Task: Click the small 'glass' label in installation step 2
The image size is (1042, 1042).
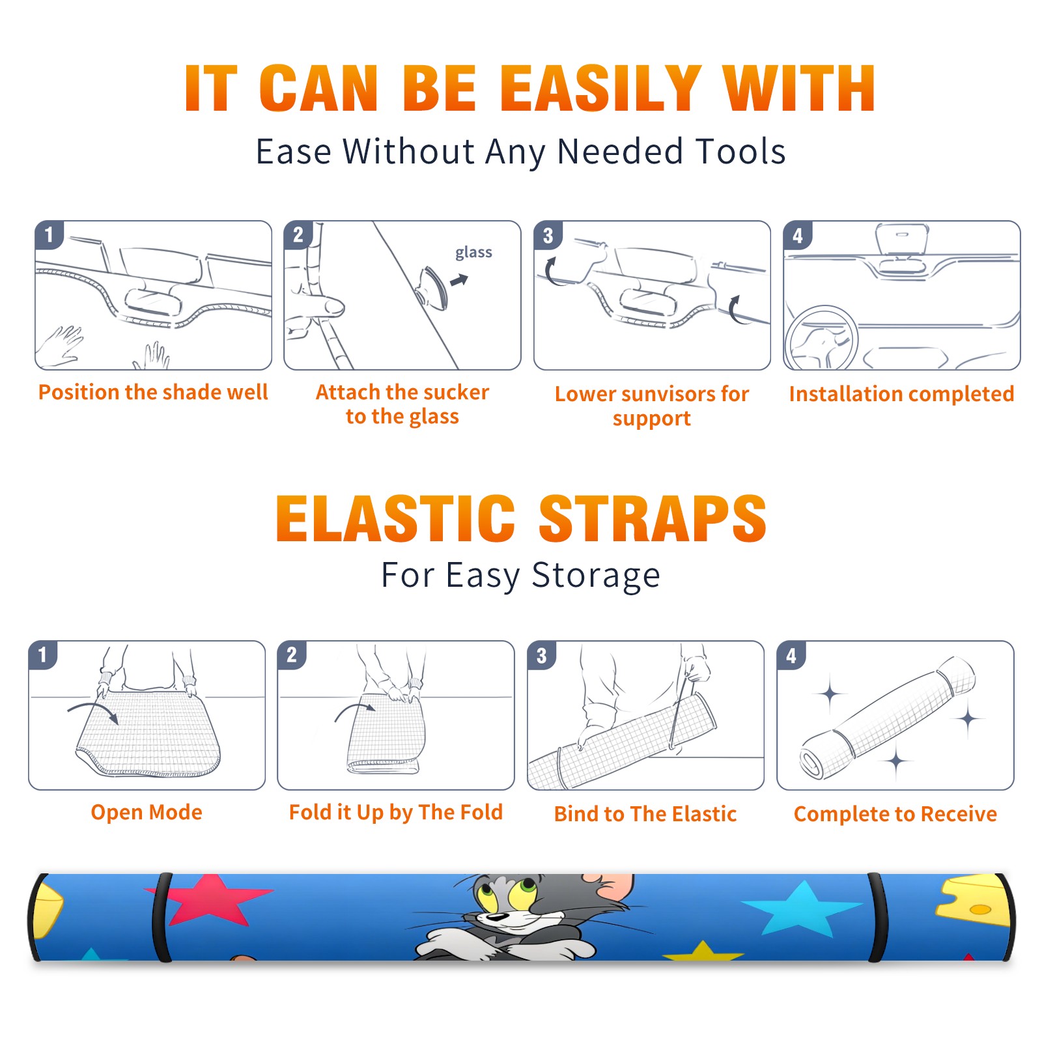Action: coord(473,253)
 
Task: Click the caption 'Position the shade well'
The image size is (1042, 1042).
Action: coord(153,392)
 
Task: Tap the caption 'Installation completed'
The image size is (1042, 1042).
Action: coord(901,393)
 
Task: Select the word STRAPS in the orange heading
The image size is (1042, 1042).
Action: coord(652,518)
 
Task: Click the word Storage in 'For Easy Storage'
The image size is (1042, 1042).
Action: coord(596,576)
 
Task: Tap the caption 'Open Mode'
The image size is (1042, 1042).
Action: coord(147,812)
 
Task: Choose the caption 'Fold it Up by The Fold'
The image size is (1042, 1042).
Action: coord(396,812)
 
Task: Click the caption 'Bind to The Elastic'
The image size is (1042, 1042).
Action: coord(645,814)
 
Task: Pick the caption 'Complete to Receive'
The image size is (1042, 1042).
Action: coord(895,814)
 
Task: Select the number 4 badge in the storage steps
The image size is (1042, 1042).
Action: coord(791,655)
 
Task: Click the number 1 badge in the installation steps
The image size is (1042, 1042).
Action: coord(49,234)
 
